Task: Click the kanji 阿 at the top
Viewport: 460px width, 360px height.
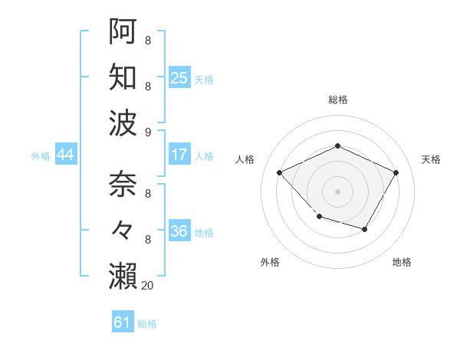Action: tap(123, 31)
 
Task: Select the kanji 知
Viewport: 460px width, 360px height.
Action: tap(123, 77)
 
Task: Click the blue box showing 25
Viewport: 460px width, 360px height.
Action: tap(179, 77)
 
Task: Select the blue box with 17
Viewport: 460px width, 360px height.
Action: tap(179, 155)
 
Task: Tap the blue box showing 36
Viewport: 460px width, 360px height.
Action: tap(179, 231)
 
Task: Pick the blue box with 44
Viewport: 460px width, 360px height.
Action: tap(65, 155)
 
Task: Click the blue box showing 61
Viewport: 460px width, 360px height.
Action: tap(123, 322)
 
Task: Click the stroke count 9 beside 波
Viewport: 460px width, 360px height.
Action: tap(147, 132)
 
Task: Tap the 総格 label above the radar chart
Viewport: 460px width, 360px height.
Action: tap(338, 100)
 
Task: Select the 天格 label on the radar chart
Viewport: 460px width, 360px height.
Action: tap(431, 159)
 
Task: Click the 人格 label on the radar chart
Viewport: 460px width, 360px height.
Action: tap(245, 159)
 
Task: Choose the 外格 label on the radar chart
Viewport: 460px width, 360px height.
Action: tap(270, 263)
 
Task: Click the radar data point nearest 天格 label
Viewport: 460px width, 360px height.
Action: tap(396, 172)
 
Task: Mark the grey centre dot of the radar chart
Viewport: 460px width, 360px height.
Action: tap(338, 191)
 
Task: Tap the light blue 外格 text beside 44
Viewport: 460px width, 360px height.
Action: tap(41, 155)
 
